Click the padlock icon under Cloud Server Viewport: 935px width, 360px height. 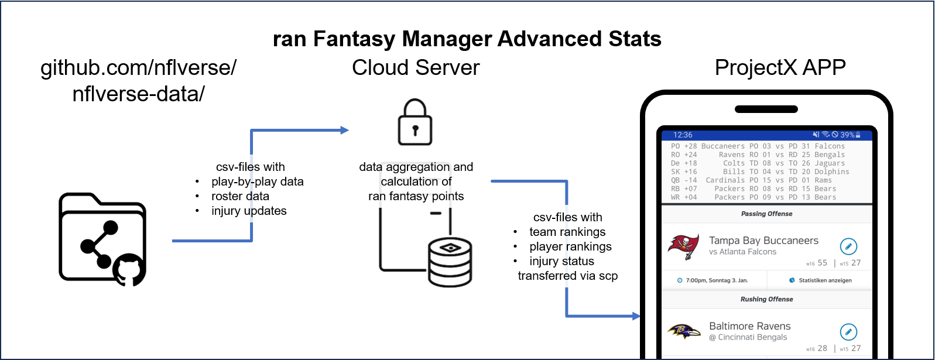(x=415, y=123)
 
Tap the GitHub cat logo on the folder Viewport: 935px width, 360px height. (x=129, y=269)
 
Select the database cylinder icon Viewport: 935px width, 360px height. (x=450, y=262)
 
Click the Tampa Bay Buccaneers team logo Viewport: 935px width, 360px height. (x=683, y=246)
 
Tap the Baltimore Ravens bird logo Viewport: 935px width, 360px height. (x=684, y=331)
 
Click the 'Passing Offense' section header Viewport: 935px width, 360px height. (x=766, y=214)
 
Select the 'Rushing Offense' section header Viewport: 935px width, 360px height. (x=766, y=299)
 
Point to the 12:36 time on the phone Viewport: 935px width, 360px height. (x=683, y=135)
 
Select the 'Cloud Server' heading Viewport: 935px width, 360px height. (x=416, y=68)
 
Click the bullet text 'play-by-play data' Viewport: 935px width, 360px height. (x=258, y=181)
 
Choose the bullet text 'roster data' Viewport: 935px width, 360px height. (x=240, y=196)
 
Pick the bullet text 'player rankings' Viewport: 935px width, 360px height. (x=570, y=246)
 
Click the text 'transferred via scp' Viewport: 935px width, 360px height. (x=567, y=276)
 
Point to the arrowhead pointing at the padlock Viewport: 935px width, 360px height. (x=345, y=131)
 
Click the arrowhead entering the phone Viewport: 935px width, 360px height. (x=636, y=316)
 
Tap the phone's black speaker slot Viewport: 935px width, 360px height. (x=766, y=109)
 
